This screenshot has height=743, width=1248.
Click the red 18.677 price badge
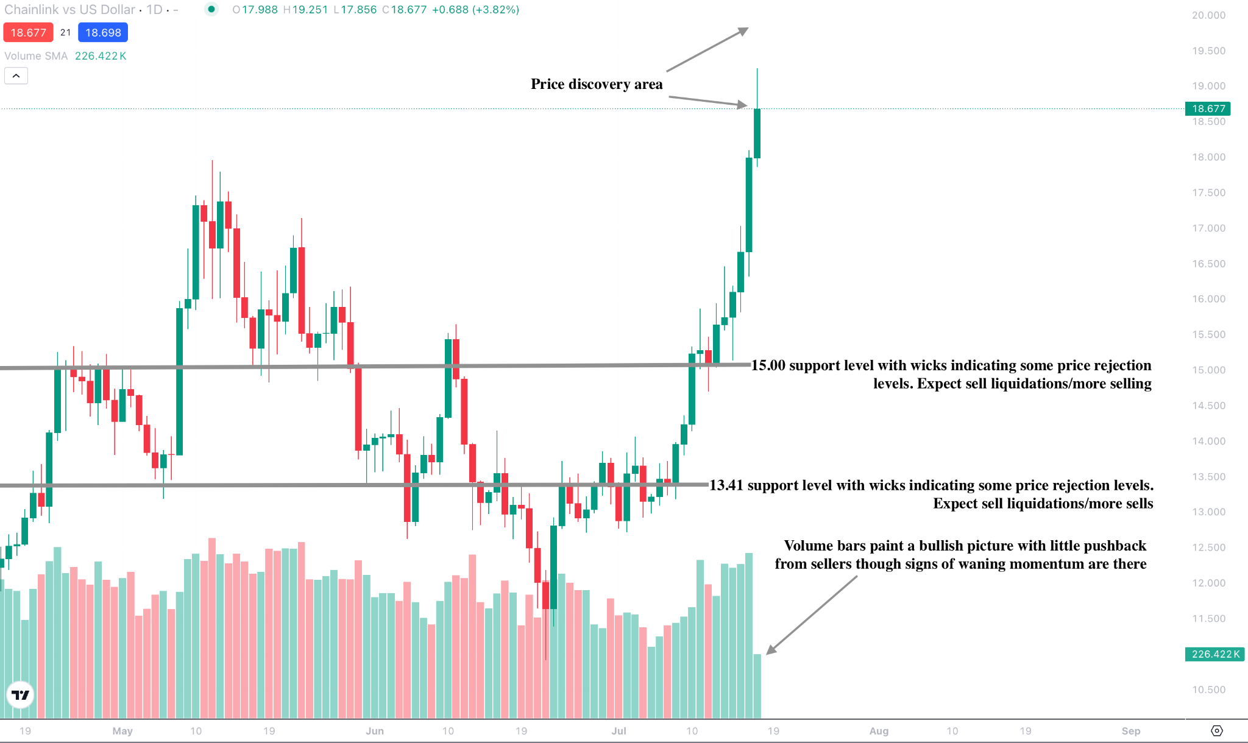pos(28,33)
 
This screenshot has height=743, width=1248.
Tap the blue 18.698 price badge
pos(103,33)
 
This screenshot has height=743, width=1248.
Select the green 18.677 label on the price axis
pos(1208,108)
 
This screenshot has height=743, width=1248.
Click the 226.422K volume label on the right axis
pos(1215,654)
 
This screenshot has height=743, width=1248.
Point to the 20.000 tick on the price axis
pos(1208,15)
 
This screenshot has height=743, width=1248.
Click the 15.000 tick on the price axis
pos(1208,370)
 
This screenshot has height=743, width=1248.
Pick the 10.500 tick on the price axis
pos(1208,690)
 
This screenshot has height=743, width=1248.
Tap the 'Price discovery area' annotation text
pos(596,84)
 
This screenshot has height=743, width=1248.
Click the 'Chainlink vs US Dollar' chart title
pos(69,10)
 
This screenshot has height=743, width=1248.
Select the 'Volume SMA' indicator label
pos(36,56)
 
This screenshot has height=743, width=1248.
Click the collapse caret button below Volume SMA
pos(16,76)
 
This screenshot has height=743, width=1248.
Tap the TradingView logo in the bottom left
pos(21,695)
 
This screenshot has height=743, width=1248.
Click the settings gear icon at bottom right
pos(1216,731)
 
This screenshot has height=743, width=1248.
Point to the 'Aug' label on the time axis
pos(879,731)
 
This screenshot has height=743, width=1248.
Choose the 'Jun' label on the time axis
pos(375,731)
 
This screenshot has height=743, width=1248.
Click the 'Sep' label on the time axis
pos(1131,731)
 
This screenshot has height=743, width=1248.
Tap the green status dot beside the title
pos(211,9)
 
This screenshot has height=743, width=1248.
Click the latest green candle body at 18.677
pos(757,133)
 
